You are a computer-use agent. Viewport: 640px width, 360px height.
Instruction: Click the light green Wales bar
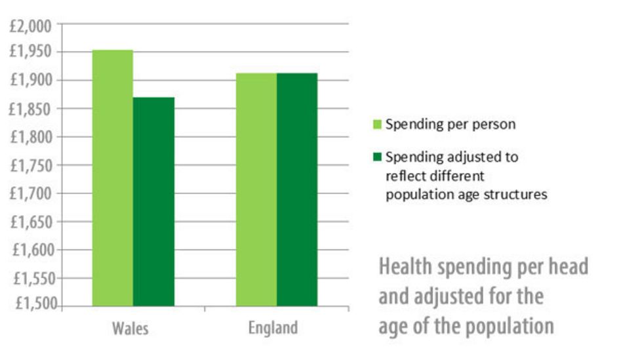(x=112, y=178)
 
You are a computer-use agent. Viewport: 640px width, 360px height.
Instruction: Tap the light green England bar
(x=256, y=190)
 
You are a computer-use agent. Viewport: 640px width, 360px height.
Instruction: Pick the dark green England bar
(x=296, y=190)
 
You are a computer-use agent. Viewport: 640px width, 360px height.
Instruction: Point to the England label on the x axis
(x=273, y=327)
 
